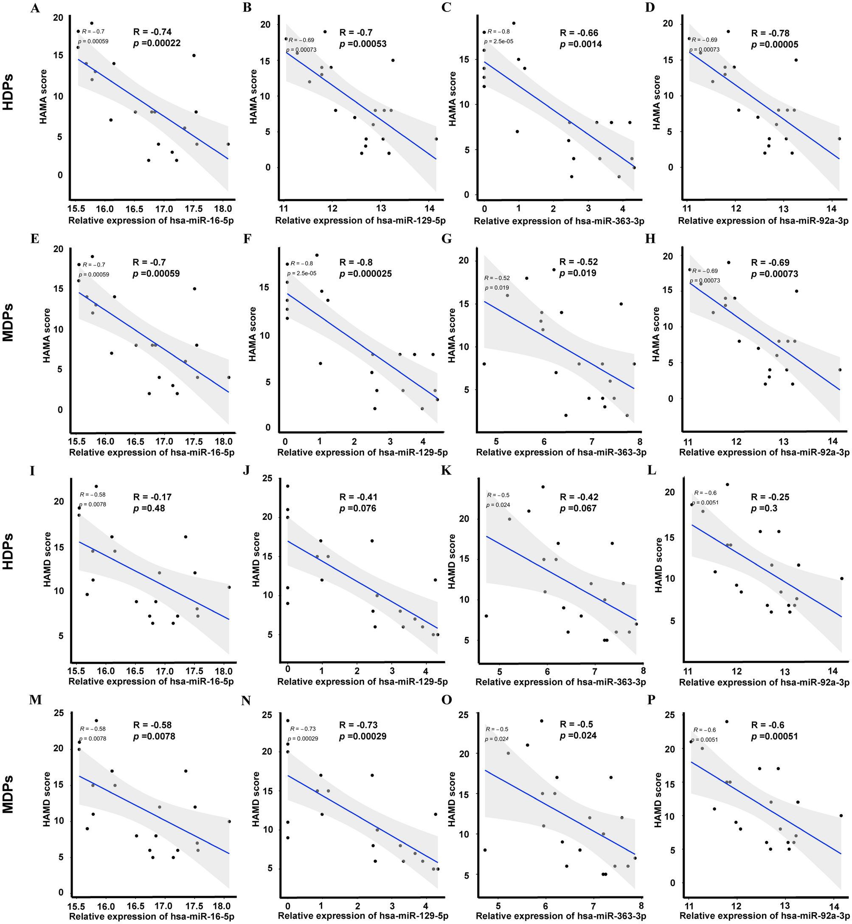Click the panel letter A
pos(34,8)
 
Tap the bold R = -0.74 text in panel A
pos(152,32)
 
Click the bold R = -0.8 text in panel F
pos(355,262)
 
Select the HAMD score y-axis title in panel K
pos(452,566)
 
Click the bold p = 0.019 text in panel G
pos(578,273)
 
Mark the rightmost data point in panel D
pos(840,138)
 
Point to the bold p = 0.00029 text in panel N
pos(363,737)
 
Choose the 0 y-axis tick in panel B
pos(267,167)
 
